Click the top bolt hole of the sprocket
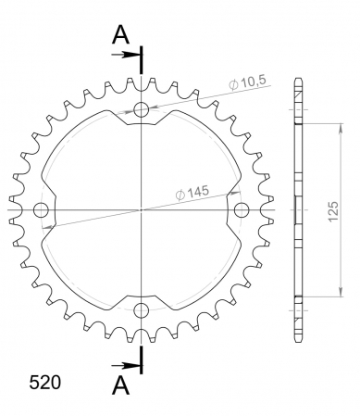pyautogui.click(x=142, y=109)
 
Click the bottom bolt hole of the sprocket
pyautogui.click(x=142, y=310)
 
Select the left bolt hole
pyautogui.click(x=41, y=210)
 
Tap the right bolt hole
pyautogui.click(x=242, y=210)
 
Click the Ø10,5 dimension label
pyautogui.click(x=247, y=82)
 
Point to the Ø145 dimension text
pyautogui.click(x=192, y=193)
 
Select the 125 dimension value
pyautogui.click(x=333, y=211)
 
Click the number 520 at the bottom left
pyautogui.click(x=45, y=383)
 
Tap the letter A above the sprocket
pyautogui.click(x=120, y=34)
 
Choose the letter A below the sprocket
pyautogui.click(x=120, y=385)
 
